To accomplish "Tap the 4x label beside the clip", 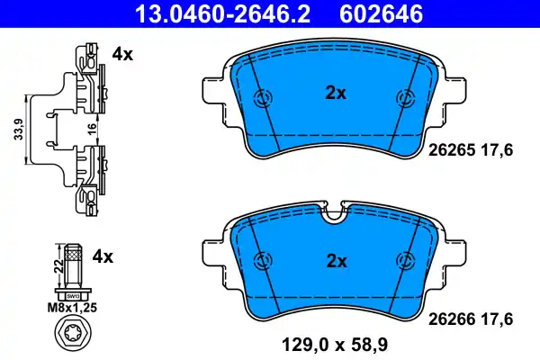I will (x=122, y=54).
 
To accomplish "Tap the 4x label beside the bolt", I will (x=103, y=256).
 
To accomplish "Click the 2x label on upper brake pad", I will (x=335, y=91).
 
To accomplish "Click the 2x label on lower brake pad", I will (x=335, y=261).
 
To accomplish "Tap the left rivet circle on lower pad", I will (x=263, y=260).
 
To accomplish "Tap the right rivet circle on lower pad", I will (x=404, y=260).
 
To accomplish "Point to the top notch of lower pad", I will (x=334, y=213).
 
